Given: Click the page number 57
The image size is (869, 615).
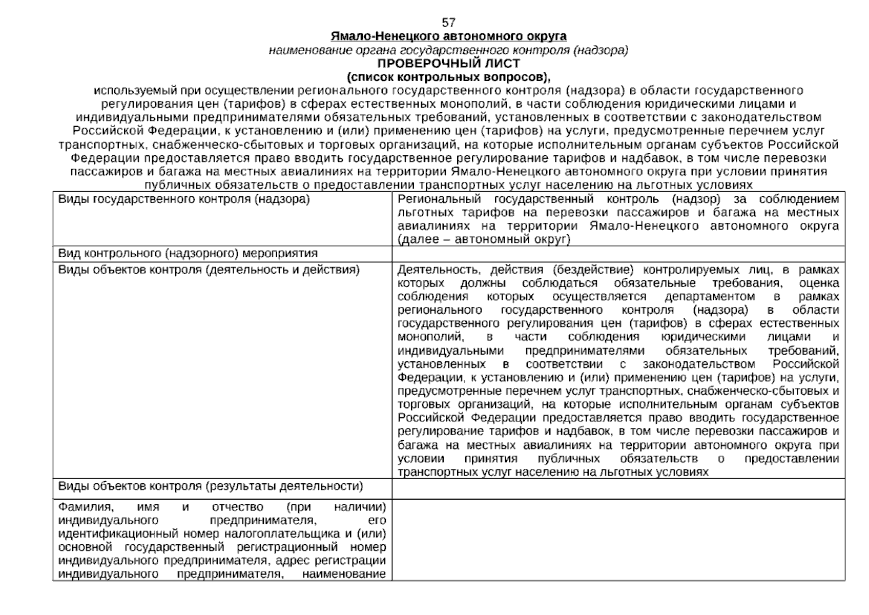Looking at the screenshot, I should pos(448,23).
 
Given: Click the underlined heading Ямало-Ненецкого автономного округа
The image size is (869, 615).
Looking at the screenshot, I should pos(448,36).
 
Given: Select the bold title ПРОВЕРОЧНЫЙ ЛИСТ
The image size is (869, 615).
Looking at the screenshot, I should pos(448,64).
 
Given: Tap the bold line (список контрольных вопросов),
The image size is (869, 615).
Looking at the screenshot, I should pos(448,77).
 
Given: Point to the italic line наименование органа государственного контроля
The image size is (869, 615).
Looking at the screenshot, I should pos(448,50).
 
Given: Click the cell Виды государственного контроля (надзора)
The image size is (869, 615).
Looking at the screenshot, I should pos(184,199).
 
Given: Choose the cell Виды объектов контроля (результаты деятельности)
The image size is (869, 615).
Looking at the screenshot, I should pos(210,486).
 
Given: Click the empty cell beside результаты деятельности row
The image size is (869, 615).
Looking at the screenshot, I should pos(618,488).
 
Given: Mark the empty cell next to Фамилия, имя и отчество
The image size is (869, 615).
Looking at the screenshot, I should pos(618,539).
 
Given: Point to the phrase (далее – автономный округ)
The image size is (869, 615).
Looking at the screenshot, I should pos(484,239).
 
